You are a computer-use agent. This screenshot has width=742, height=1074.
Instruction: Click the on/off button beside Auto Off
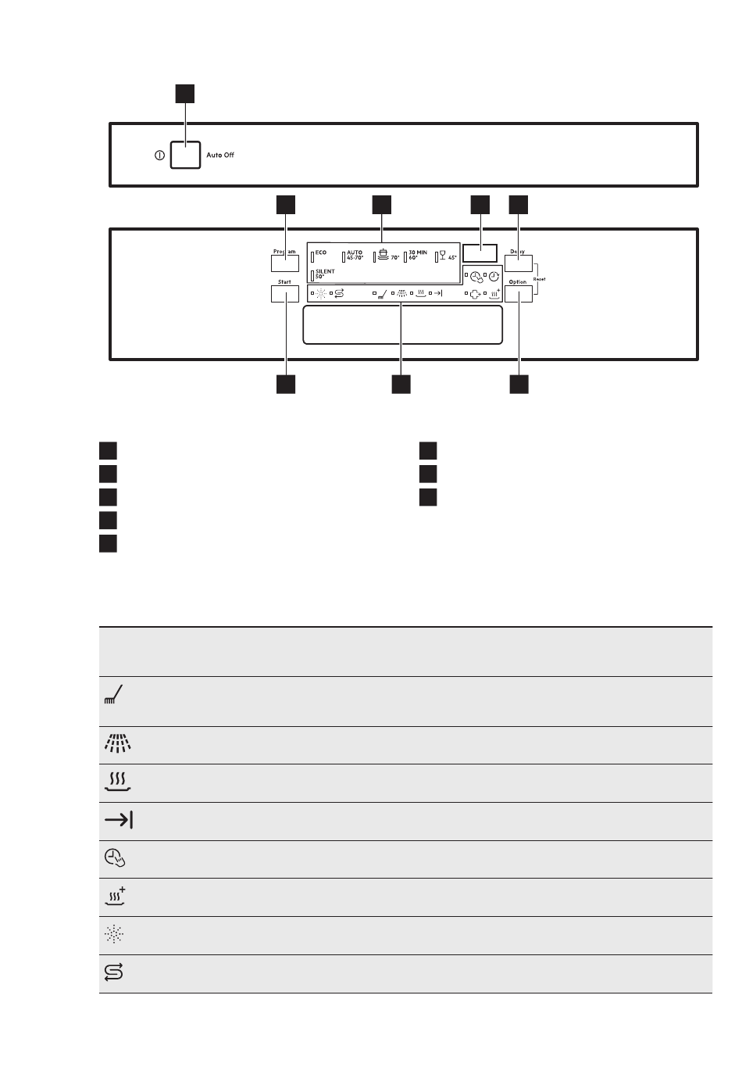(185, 155)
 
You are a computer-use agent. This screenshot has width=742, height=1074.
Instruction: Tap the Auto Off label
(220, 156)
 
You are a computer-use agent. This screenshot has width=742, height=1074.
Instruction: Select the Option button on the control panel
(519, 294)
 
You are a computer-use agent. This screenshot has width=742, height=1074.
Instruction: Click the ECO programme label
(321, 253)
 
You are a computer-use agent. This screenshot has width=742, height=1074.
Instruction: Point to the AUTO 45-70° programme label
(355, 255)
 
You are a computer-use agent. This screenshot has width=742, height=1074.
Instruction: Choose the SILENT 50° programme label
(325, 274)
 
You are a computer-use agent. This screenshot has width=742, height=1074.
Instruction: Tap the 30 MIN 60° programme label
(418, 255)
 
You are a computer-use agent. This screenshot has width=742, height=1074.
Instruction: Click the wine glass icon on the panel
(442, 255)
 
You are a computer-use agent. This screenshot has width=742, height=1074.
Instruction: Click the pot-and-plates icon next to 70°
(383, 255)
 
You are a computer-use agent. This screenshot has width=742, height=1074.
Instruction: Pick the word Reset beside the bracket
(539, 279)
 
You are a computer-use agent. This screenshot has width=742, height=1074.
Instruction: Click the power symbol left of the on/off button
(159, 156)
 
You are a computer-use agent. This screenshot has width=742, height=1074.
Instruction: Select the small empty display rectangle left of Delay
(480, 253)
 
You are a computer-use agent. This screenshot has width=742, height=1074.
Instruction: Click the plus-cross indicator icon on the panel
(474, 294)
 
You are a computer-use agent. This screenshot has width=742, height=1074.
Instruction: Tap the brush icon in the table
(114, 693)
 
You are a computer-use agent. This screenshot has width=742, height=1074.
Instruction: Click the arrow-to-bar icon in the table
(118, 820)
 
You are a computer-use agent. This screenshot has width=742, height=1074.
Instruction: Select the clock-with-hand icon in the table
(115, 858)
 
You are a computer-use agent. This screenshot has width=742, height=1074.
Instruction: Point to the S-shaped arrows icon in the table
(114, 972)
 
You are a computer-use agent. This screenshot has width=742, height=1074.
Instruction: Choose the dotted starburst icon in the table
(114, 934)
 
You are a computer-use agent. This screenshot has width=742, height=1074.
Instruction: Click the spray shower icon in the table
(116, 744)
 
